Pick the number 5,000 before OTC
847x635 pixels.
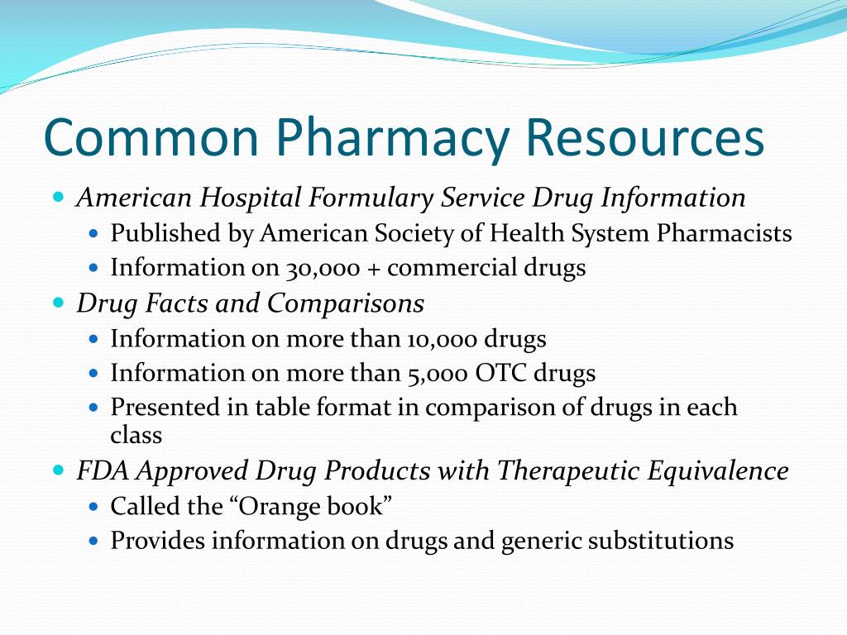coord(438,374)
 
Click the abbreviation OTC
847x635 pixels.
coord(500,374)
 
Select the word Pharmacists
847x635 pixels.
coord(725,234)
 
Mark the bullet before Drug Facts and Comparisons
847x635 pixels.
coord(58,303)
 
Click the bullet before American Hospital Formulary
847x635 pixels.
coord(58,198)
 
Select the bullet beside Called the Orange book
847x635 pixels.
coord(93,506)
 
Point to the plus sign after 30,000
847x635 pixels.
coord(372,269)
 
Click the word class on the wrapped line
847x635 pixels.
coord(136,435)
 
